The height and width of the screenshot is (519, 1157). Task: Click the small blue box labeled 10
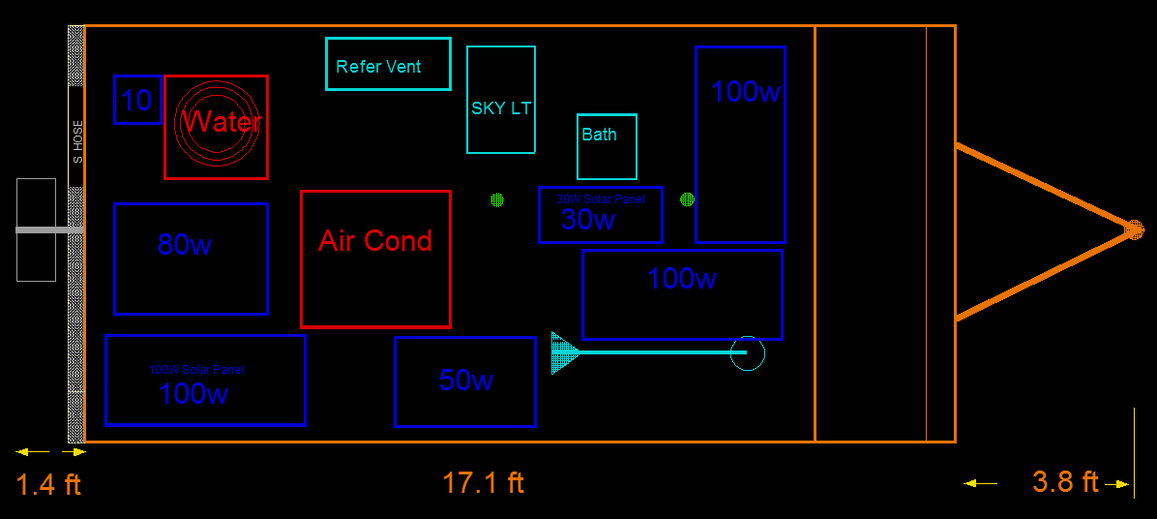[137, 100]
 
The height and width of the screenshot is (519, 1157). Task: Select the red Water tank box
[216, 127]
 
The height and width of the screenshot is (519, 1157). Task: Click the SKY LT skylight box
[501, 100]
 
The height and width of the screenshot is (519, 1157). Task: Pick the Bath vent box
[607, 146]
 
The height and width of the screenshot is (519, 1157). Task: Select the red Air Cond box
[375, 259]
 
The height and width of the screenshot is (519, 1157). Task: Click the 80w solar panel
[191, 259]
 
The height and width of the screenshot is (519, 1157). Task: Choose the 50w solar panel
[465, 382]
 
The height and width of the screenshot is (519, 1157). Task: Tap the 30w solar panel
[600, 214]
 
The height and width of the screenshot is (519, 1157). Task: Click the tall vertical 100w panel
[740, 144]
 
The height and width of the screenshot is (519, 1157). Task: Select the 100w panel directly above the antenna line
[682, 294]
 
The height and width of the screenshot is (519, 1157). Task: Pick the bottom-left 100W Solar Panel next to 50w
[205, 380]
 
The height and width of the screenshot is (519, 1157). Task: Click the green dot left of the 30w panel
[497, 199]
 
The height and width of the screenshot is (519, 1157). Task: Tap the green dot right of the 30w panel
[687, 199]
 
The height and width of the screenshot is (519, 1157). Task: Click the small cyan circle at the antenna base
[747, 353]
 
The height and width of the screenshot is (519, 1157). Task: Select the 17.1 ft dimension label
[483, 482]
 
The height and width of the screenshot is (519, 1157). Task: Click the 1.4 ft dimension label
[48, 484]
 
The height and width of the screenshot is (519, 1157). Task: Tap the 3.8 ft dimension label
[1065, 482]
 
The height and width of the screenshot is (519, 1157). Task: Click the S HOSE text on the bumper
[77, 141]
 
